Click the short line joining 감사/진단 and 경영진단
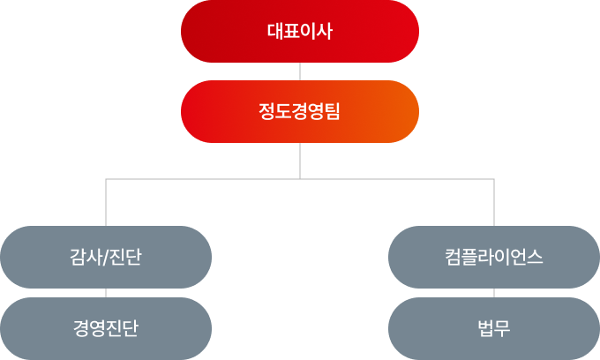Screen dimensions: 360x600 (106, 293)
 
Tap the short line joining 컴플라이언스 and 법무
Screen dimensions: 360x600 (494, 293)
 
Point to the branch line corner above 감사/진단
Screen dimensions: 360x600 (106, 179)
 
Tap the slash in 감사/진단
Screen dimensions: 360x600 (105, 258)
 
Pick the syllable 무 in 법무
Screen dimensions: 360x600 (503, 329)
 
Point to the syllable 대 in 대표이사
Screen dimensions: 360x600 (274, 31)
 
